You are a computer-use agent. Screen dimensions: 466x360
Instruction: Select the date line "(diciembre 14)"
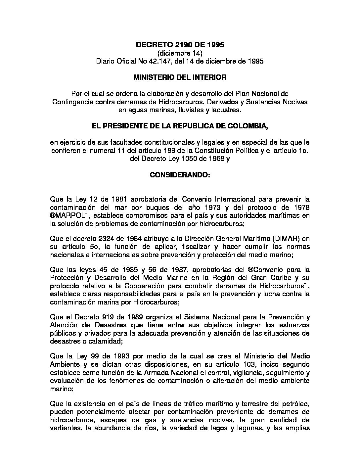tap(180, 53)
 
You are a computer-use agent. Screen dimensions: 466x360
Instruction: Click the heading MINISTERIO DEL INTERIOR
tap(180, 77)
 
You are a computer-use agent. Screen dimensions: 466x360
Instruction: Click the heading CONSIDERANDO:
tap(180, 174)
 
